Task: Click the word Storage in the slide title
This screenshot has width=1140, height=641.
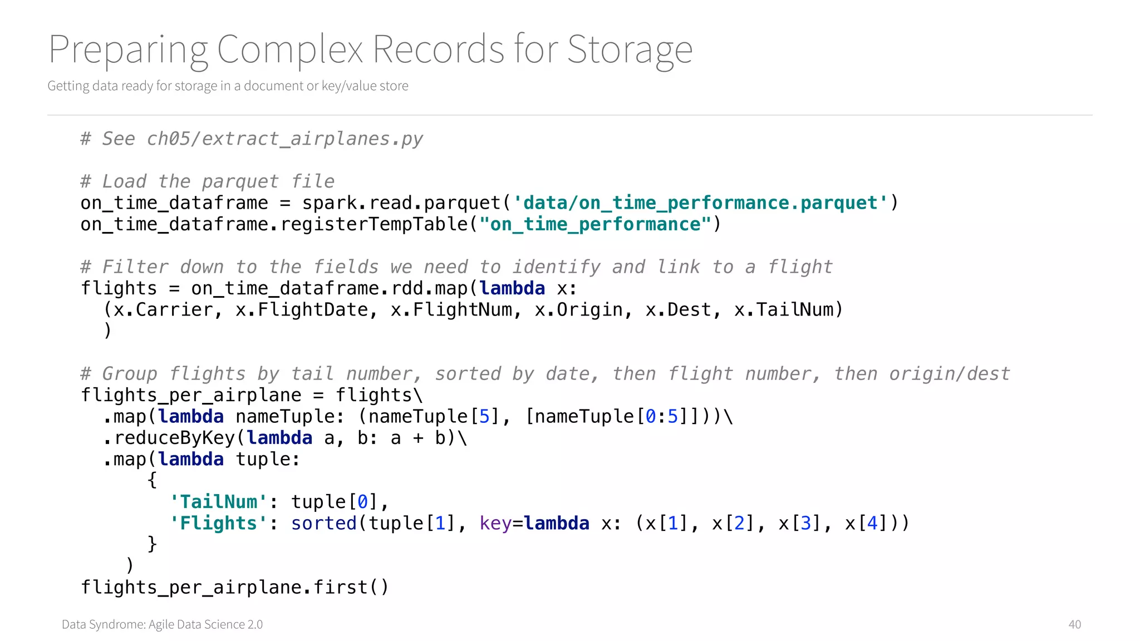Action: coord(630,50)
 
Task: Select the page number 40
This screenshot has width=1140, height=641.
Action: coord(1074,624)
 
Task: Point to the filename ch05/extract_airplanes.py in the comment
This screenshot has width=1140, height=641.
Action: coord(284,139)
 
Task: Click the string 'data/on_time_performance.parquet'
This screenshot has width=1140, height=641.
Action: coord(700,203)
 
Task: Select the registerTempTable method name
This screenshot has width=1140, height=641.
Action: coord(374,224)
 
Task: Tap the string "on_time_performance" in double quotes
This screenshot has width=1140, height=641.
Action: coord(595,224)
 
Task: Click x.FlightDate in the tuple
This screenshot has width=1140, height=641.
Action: coord(302,309)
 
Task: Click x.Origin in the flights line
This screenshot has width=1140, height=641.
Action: coord(578,309)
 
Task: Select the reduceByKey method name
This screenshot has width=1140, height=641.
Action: coord(174,438)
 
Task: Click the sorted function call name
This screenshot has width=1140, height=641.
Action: coord(323,523)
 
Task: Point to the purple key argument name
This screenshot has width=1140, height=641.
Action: coord(495,523)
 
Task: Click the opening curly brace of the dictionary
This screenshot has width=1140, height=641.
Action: coord(152,480)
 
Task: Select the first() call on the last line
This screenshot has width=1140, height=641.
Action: coord(351,587)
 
